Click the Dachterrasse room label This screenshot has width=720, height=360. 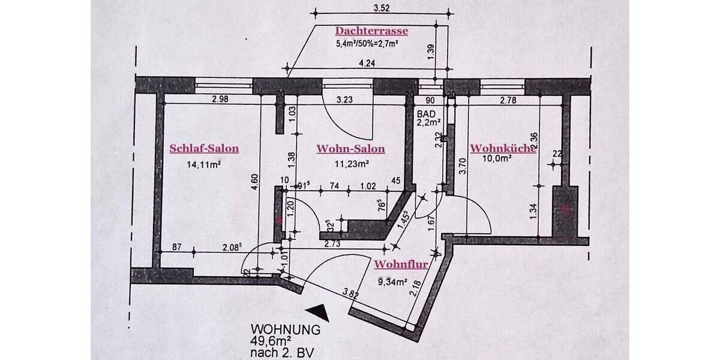pos(372,31)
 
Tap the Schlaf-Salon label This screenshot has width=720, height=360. pos(204,149)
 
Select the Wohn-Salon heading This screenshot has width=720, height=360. pos(351,149)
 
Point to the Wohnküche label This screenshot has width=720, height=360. pos(502,148)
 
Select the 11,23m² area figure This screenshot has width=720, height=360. pos(351,162)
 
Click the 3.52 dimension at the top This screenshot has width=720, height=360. pos(382,8)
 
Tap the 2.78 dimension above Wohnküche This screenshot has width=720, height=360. pos(508,100)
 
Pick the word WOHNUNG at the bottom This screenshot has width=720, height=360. pos(286,329)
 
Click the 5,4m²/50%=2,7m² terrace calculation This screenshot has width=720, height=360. pos(368,43)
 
